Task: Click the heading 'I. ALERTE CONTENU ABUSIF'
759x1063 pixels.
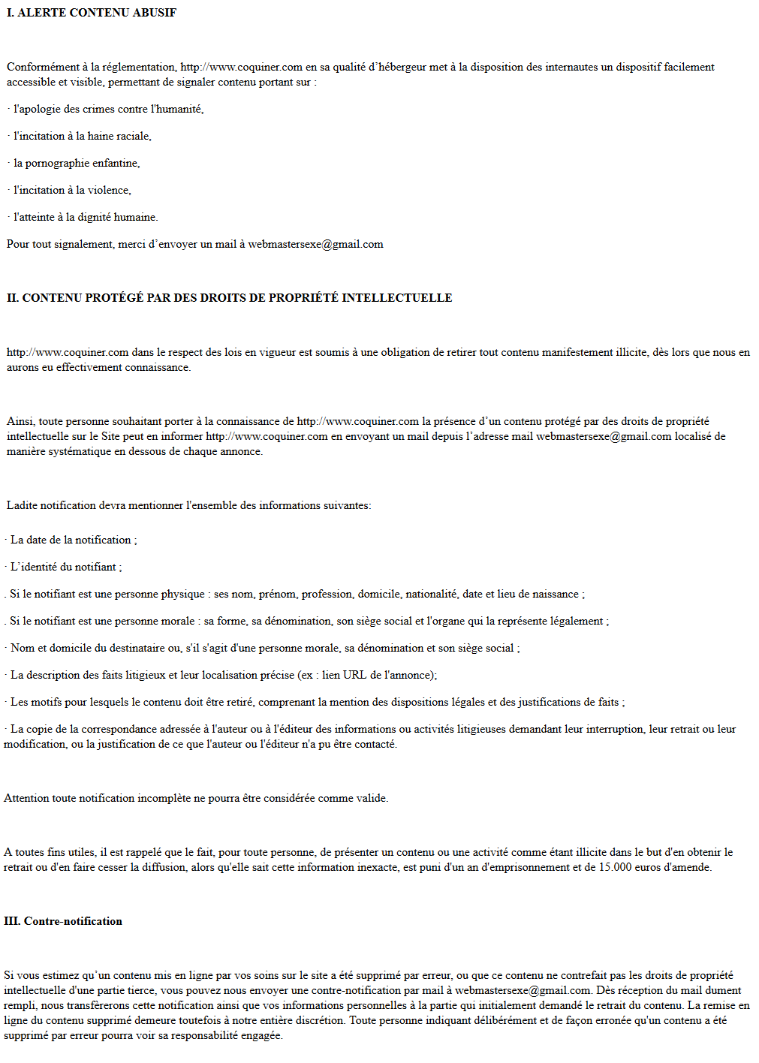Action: (x=92, y=13)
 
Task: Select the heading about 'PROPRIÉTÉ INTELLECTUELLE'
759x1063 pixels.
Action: (x=229, y=298)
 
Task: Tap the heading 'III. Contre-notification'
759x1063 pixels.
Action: (x=63, y=921)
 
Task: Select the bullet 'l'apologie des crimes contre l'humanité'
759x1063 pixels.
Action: (x=108, y=109)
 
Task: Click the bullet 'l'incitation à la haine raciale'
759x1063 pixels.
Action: (x=83, y=136)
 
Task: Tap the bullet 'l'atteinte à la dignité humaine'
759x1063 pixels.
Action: (x=86, y=217)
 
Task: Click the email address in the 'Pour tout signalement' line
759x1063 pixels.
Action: (x=315, y=244)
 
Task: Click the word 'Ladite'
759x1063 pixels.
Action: (x=22, y=505)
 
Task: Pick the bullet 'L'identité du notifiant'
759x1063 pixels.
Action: (x=65, y=567)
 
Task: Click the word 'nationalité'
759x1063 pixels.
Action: (x=431, y=594)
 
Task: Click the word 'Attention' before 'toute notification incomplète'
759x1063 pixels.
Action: (x=26, y=798)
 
